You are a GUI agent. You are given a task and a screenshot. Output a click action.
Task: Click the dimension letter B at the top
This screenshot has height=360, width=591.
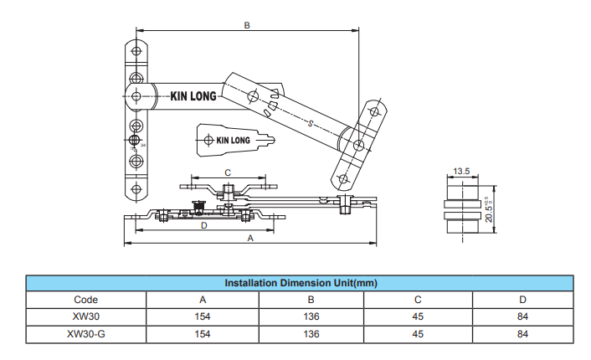pyautogui.click(x=247, y=26)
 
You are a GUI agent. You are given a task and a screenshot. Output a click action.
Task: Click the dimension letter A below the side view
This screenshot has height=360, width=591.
pyautogui.click(x=249, y=238)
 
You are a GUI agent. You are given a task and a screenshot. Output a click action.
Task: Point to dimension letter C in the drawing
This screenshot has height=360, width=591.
pyautogui.click(x=228, y=172)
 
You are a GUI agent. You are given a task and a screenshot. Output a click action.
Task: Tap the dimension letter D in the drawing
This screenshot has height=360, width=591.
pyautogui.click(x=203, y=226)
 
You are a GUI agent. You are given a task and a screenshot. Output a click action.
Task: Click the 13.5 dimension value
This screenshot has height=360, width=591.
pyautogui.click(x=461, y=171)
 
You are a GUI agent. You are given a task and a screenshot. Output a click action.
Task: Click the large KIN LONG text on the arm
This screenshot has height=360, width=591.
pyautogui.click(x=193, y=96)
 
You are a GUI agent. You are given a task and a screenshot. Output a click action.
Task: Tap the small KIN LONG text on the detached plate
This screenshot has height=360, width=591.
pyautogui.click(x=232, y=140)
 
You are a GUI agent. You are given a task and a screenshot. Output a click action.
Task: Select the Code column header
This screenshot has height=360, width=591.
pyautogui.click(x=85, y=299)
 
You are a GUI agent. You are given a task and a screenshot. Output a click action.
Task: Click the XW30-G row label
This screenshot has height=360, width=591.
pyautogui.click(x=85, y=334)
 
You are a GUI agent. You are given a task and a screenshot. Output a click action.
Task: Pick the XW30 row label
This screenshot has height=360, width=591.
pyautogui.click(x=85, y=316)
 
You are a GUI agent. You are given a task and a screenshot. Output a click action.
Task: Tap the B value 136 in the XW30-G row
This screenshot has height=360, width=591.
pyautogui.click(x=311, y=334)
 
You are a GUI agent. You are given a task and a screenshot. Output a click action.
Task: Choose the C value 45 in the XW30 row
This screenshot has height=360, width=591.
pyautogui.click(x=417, y=316)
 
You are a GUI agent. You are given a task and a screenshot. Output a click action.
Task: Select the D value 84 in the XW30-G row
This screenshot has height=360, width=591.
pyautogui.click(x=523, y=334)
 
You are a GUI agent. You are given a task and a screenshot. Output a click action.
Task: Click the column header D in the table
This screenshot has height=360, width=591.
pyautogui.click(x=523, y=299)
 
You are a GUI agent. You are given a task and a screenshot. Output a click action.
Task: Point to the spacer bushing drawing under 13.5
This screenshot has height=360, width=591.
pyautogui.click(x=460, y=213)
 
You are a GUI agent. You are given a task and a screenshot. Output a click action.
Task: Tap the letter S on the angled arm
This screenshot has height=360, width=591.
pyautogui.click(x=311, y=124)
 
